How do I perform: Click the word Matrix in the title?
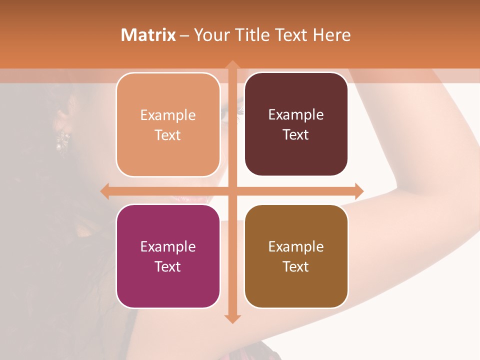click(x=148, y=35)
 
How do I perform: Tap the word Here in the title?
click(x=331, y=35)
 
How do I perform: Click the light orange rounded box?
click(x=168, y=124)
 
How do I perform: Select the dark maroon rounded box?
click(x=296, y=124)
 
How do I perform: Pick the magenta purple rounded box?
click(x=168, y=256)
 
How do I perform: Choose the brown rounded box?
click(x=296, y=256)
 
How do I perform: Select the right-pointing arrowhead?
click(x=358, y=191)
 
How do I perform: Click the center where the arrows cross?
click(x=232, y=191)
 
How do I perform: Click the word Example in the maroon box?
click(x=296, y=114)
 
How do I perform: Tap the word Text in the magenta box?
click(x=168, y=266)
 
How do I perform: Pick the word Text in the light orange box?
click(x=168, y=135)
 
